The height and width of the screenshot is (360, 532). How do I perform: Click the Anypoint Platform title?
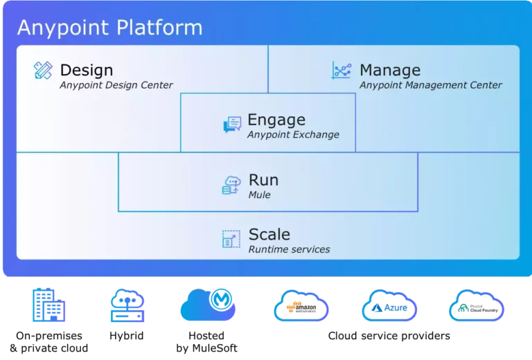pyautogui.click(x=109, y=28)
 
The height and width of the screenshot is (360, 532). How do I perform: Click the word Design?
pyautogui.click(x=87, y=70)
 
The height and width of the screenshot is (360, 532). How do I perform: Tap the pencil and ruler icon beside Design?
pyautogui.click(x=43, y=70)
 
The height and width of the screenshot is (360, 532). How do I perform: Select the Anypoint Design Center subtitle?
pyautogui.click(x=116, y=85)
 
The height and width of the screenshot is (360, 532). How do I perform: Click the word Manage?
pyautogui.click(x=390, y=70)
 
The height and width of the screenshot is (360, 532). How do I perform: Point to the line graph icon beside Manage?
pyautogui.click(x=342, y=70)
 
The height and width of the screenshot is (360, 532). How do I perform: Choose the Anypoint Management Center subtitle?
pyautogui.click(x=431, y=85)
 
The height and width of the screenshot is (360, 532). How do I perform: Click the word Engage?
pyautogui.click(x=276, y=120)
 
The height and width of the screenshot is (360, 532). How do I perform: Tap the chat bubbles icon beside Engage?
pyautogui.click(x=232, y=125)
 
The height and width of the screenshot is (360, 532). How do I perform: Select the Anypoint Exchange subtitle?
pyautogui.click(x=293, y=134)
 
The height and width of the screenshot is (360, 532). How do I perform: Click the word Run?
pyautogui.click(x=263, y=180)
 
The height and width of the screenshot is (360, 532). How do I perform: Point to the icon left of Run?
pyautogui.click(x=231, y=185)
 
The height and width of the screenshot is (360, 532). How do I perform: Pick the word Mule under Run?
pyautogui.click(x=259, y=195)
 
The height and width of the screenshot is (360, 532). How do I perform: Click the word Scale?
pyautogui.click(x=269, y=234)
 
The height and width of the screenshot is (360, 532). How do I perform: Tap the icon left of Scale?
pyautogui.click(x=231, y=239)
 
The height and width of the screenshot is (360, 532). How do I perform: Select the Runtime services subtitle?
pyautogui.click(x=289, y=249)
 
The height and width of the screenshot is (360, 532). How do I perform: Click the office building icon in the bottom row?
pyautogui.click(x=48, y=306)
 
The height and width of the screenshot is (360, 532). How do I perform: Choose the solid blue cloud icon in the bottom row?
pyautogui.click(x=208, y=306)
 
